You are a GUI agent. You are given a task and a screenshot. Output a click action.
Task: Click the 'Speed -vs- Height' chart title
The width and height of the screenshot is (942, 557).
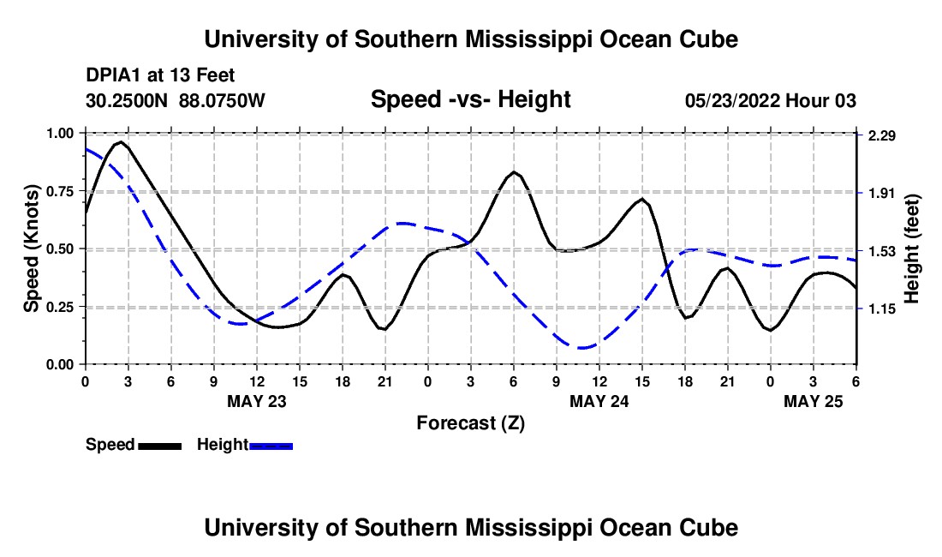pos(470,100)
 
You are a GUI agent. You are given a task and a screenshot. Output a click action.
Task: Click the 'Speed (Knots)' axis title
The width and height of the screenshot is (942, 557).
pos(32,249)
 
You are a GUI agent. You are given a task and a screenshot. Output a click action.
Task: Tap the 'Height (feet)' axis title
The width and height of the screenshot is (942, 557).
pos(912,249)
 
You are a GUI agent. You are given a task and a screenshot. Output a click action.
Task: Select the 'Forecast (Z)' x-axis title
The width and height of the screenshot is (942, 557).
pos(470,422)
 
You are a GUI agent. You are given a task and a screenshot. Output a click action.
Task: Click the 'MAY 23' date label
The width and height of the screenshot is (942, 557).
pos(257,401)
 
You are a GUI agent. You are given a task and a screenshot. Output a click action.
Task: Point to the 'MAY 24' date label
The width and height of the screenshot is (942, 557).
pos(599,401)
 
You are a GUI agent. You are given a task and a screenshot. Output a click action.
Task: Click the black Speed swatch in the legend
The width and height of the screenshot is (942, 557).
pos(159,446)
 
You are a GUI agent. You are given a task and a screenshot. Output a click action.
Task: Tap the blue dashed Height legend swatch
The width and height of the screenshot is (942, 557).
pos(271,446)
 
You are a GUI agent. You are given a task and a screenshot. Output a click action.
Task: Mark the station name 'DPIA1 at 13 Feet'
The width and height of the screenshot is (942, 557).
pos(160,75)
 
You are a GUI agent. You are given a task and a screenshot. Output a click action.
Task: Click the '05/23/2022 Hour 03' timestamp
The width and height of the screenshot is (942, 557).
pos(771,101)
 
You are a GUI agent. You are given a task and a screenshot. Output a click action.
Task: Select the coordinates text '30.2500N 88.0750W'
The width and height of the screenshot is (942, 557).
pos(176,101)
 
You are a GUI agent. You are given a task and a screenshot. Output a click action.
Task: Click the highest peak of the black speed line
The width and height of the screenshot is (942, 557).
pos(121,141)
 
